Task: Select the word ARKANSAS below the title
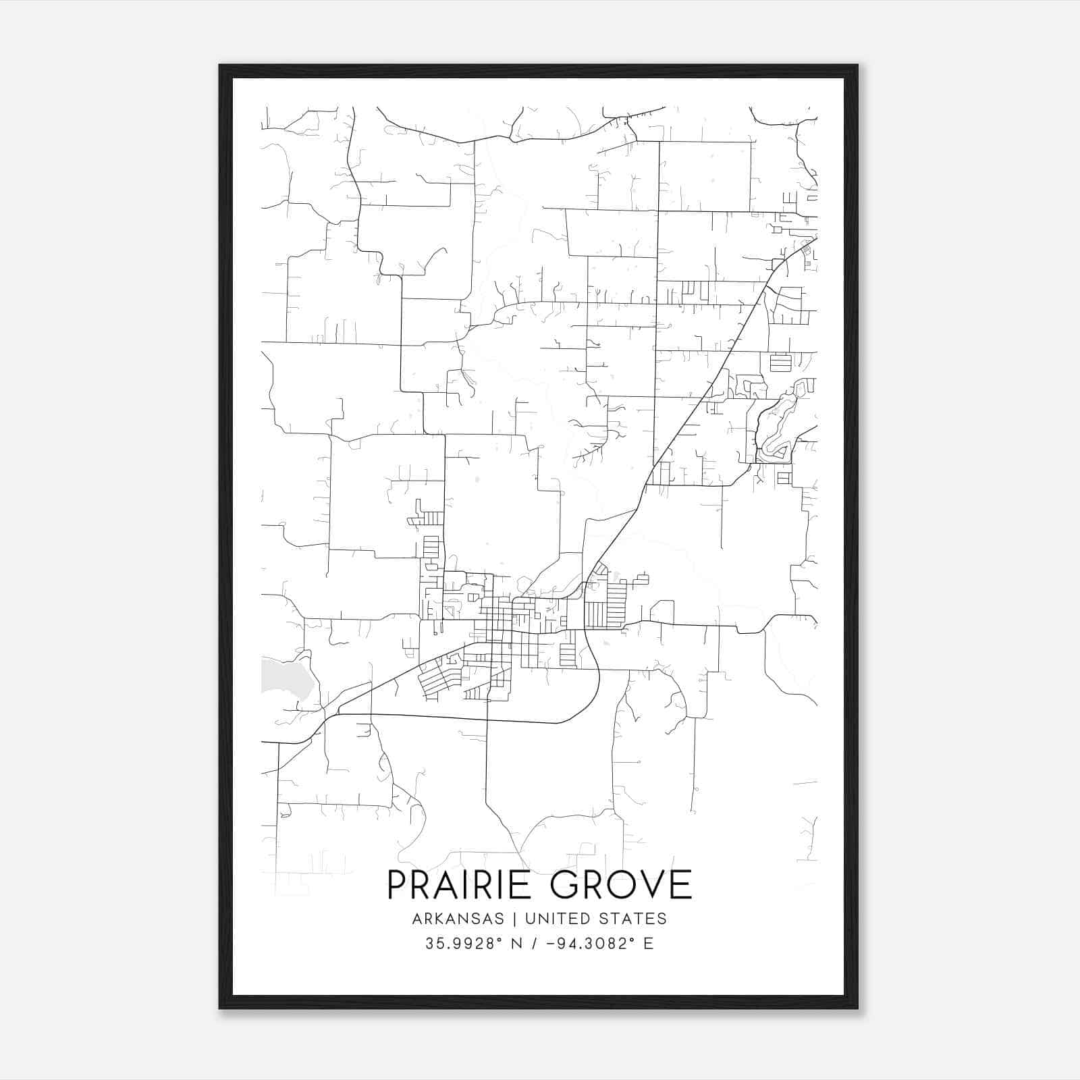point(457,919)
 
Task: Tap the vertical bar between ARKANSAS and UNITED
point(514,919)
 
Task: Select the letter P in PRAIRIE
point(398,884)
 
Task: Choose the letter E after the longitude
point(649,944)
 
